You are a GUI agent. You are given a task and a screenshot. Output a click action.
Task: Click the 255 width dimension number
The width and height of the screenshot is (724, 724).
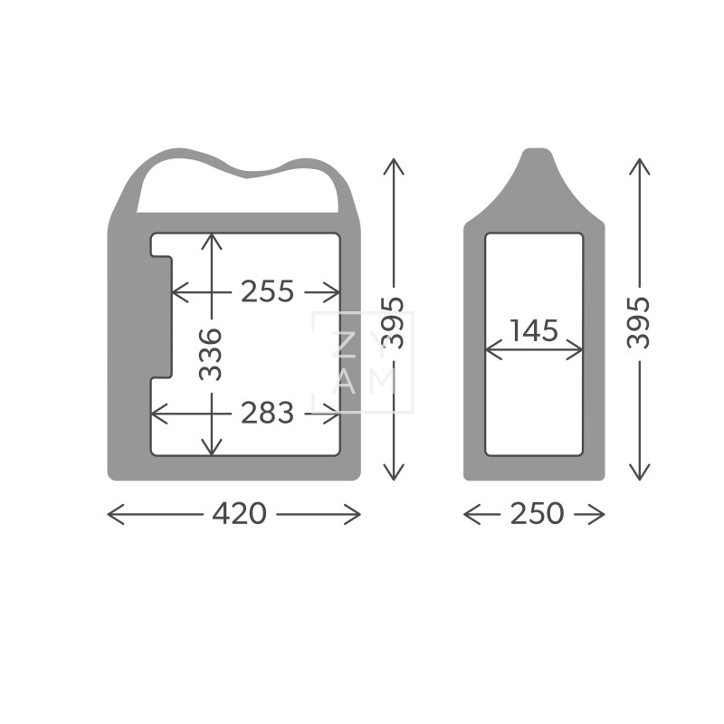click(x=267, y=291)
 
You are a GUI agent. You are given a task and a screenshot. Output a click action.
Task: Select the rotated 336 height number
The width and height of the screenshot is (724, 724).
click(x=211, y=354)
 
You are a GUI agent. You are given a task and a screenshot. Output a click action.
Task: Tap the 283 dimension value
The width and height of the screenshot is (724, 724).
click(x=267, y=413)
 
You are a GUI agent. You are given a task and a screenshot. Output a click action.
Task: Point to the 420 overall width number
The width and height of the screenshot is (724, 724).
click(x=239, y=513)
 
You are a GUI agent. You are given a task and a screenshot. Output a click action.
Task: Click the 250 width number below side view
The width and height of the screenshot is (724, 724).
click(x=537, y=513)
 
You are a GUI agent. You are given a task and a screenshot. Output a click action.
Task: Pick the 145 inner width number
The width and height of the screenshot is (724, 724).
click(x=534, y=330)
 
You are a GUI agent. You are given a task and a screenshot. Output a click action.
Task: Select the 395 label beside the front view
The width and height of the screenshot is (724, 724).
click(x=393, y=322)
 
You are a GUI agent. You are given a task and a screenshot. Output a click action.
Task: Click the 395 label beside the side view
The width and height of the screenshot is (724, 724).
click(x=639, y=322)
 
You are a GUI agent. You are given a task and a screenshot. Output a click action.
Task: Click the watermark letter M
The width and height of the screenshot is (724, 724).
click(x=381, y=383)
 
